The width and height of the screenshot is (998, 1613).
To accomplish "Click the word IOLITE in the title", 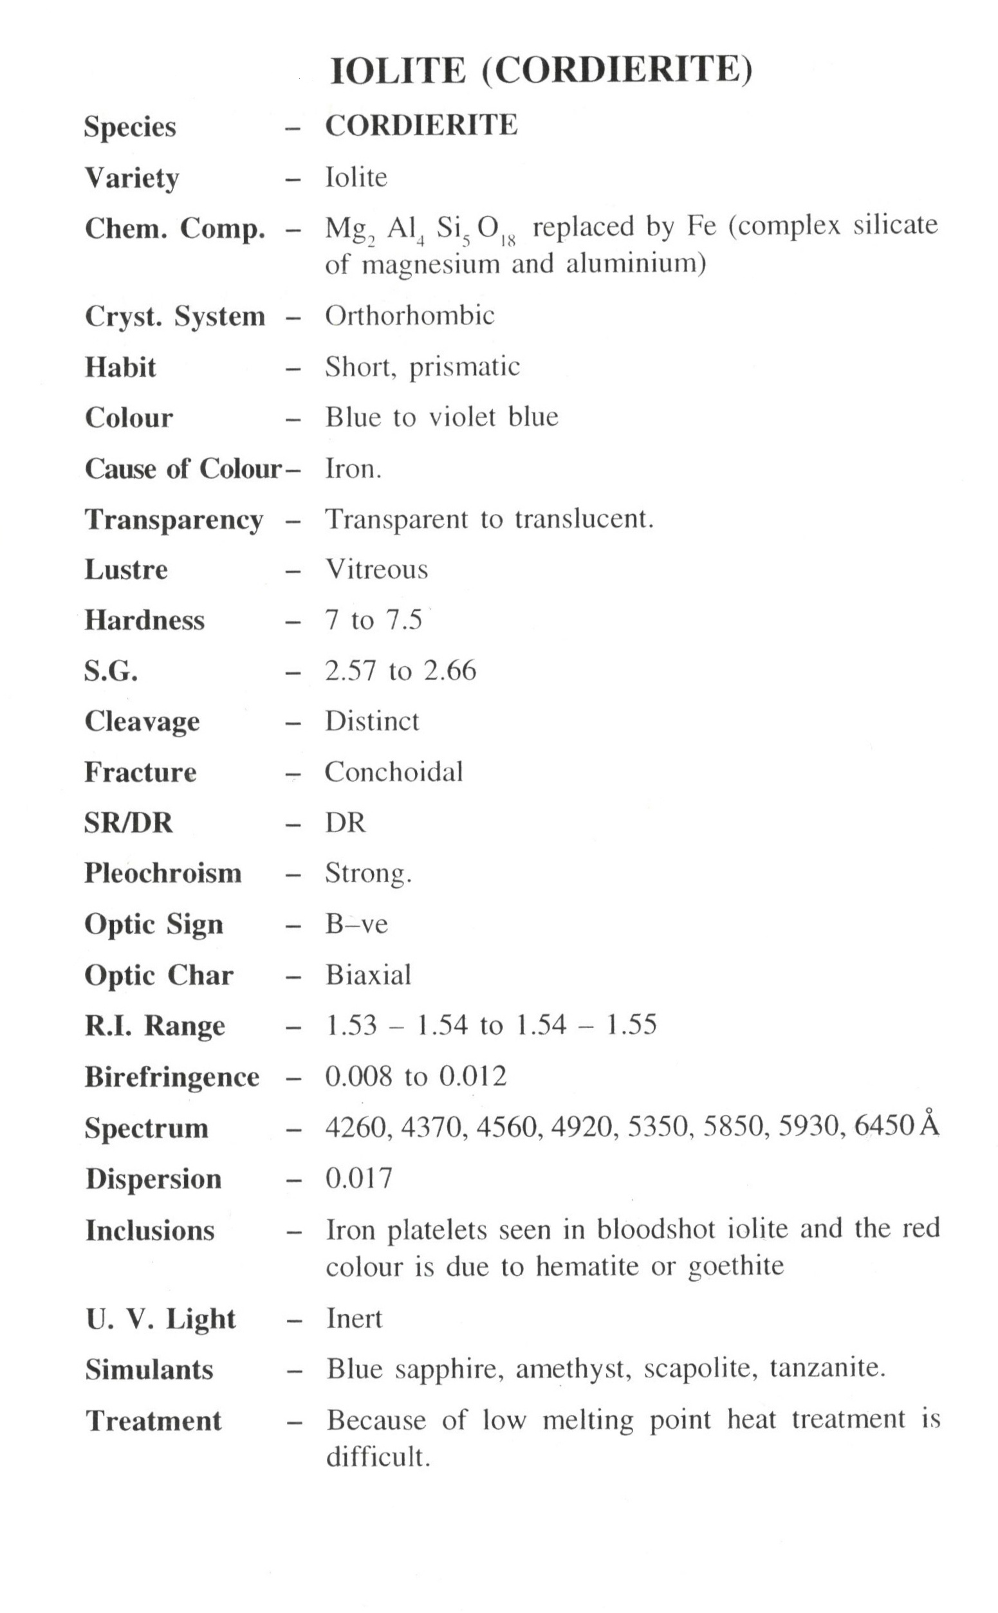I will pos(398,71).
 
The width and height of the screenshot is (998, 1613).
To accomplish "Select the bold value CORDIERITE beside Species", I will pos(421,125).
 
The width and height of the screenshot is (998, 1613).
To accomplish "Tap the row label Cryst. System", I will pos(175,316).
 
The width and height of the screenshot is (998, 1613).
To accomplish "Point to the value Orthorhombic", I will pos(409,315).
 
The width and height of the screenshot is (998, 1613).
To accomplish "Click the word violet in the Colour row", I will pos(461,417).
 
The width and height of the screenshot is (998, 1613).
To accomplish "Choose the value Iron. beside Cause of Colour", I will pos(353,468).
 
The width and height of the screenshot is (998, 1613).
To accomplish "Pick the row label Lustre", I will pos(126,569).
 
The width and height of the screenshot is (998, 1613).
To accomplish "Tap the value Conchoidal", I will pos(393,772).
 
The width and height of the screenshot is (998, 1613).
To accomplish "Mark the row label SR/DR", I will pos(128,823).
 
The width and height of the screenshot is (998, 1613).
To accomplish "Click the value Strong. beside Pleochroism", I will pos(367,874).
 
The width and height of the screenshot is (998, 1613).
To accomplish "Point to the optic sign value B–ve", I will pos(356,924).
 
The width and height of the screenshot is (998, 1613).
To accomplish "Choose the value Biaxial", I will pos(368,975).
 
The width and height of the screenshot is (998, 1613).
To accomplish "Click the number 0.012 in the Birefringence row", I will pos(472,1076).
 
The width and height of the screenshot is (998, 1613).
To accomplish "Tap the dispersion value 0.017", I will pos(358,1178).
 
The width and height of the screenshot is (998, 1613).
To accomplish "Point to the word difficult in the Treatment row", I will pos(377,1457).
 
